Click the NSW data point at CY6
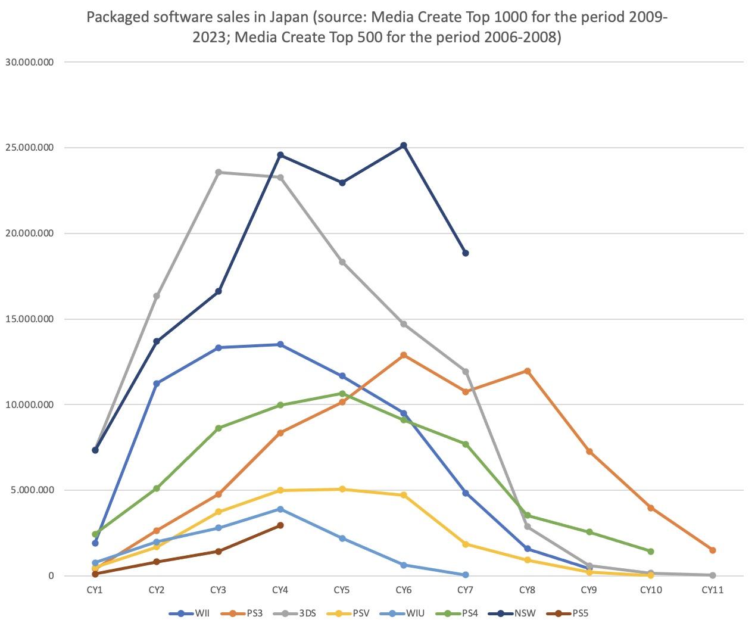pyautogui.click(x=404, y=145)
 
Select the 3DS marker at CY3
pyautogui.click(x=219, y=172)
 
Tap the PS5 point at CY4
pyautogui.click(x=280, y=525)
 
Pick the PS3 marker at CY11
pyautogui.click(x=713, y=550)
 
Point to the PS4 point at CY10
pyautogui.click(x=651, y=552)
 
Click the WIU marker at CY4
pyautogui.click(x=280, y=509)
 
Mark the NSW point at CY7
pyautogui.click(x=466, y=253)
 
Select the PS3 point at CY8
pyautogui.click(x=528, y=371)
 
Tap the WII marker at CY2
pyautogui.click(x=157, y=384)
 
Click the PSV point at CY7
pyautogui.click(x=466, y=544)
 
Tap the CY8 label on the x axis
pyautogui.click(x=528, y=590)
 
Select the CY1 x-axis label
pyautogui.click(x=95, y=590)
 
